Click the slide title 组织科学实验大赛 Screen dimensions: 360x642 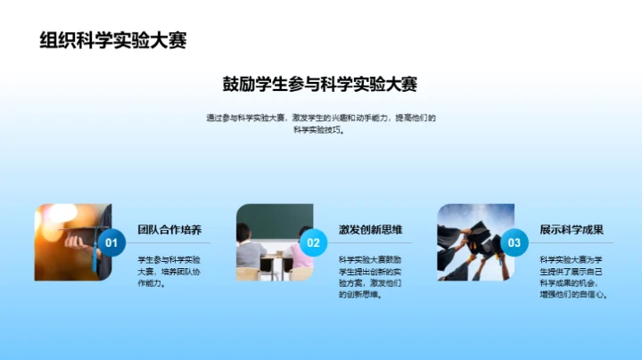tap(112, 41)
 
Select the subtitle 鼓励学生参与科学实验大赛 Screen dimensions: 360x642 tap(320, 85)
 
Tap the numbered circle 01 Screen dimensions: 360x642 tap(111, 242)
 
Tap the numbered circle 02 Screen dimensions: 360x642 tap(313, 242)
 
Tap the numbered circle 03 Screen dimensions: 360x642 tap(514, 242)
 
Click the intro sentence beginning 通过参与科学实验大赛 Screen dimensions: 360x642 tap(320, 118)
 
